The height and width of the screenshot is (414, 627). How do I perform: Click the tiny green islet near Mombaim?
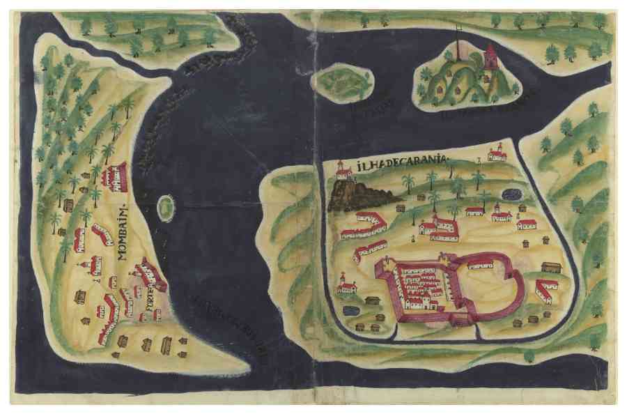click(x=166, y=208)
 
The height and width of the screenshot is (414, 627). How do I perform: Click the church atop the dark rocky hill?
click(x=342, y=171)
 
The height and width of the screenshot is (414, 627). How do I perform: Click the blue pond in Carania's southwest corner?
click(x=350, y=309)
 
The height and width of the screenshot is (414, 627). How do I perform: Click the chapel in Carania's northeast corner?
click(x=497, y=153)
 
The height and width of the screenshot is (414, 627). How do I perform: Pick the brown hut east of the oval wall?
click(x=550, y=268)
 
